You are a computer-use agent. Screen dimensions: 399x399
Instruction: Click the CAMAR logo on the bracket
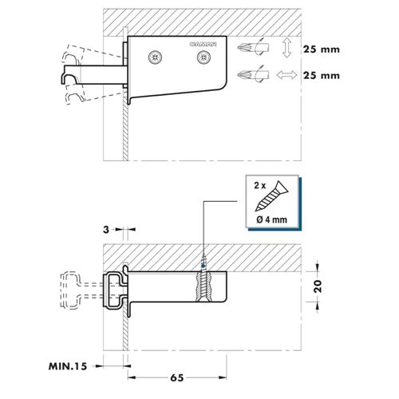coord(203,44)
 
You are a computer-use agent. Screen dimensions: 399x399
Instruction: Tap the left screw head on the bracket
coord(156,57)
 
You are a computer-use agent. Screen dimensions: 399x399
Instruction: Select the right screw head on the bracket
coord(204,57)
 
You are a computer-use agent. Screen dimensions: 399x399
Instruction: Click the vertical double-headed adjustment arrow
coord(286,48)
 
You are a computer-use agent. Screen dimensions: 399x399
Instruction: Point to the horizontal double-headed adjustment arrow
coord(286,75)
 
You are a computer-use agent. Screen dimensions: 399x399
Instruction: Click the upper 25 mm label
coord(322,49)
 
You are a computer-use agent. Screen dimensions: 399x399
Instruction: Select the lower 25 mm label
coord(322,75)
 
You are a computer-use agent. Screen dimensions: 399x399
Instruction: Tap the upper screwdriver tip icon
coord(253,48)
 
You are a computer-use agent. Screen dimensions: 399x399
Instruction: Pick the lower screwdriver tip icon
coord(253,74)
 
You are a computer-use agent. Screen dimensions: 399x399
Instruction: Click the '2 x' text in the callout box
coord(260,185)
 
